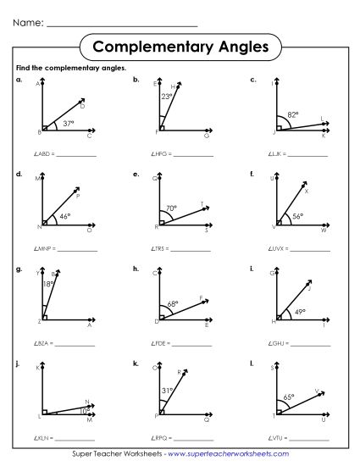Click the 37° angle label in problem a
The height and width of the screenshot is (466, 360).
(69, 123)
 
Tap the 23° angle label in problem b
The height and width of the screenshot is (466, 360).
(168, 97)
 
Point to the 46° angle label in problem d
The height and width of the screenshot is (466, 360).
(64, 216)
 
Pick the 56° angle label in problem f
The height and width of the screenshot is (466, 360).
(297, 216)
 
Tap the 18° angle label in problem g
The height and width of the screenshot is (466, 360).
(48, 285)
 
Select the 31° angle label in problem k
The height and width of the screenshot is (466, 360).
(166, 390)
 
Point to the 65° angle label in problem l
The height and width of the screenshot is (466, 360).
(289, 397)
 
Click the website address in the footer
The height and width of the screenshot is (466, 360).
(241, 456)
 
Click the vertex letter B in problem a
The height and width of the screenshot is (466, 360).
(40, 132)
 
